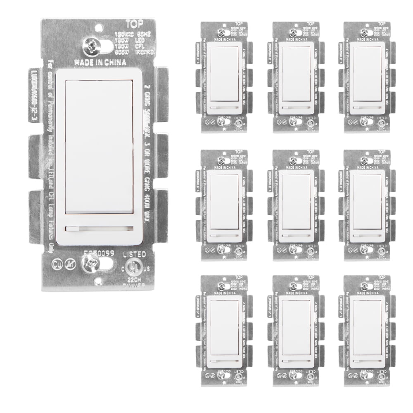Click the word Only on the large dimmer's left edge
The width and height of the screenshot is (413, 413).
48,231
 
